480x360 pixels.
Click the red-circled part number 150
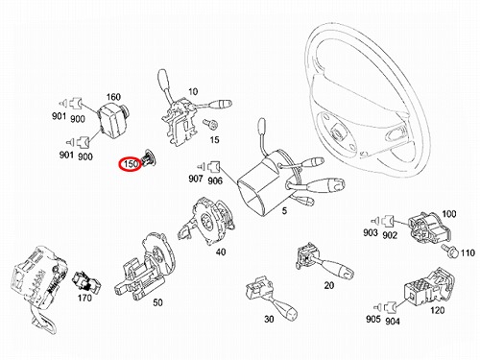pyautogui.click(x=131, y=164)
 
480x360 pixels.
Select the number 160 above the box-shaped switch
pyautogui.click(x=113, y=97)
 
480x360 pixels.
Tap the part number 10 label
pyautogui.click(x=193, y=92)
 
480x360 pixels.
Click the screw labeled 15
pyautogui.click(x=210, y=124)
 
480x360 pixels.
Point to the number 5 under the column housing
pyautogui.click(x=284, y=211)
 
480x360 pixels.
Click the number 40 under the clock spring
pyautogui.click(x=221, y=252)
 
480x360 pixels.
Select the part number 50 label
pyautogui.click(x=157, y=302)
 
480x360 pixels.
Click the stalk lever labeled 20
pyautogui.click(x=324, y=261)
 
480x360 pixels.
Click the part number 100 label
pyautogui.click(x=449, y=214)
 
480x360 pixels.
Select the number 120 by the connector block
pyautogui.click(x=437, y=310)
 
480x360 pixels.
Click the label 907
pyautogui.click(x=196, y=179)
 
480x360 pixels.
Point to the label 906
pyautogui.click(x=215, y=180)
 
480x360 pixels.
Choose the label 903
pyautogui.click(x=371, y=232)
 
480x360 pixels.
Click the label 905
pyautogui.click(x=372, y=319)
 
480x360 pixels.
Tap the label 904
pyautogui.click(x=393, y=321)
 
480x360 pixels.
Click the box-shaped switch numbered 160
pyautogui.click(x=112, y=120)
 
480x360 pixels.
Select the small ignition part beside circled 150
pyautogui.click(x=149, y=158)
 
